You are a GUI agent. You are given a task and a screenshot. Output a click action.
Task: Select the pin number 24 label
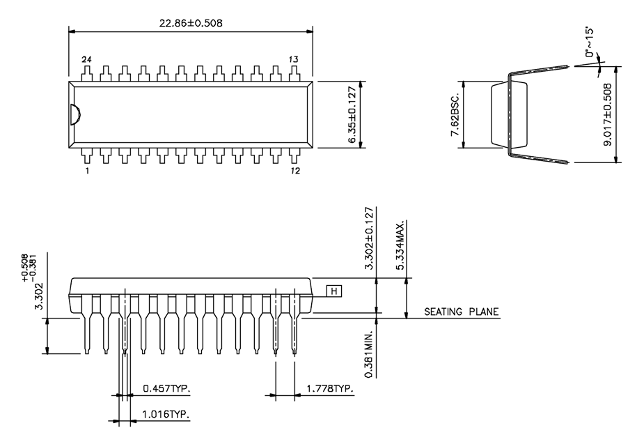coord(87,60)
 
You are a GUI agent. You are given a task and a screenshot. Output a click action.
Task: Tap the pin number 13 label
coord(293,60)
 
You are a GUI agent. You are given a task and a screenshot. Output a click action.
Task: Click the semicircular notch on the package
coord(74,114)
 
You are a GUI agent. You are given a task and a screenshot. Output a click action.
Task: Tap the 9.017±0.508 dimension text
coord(608,114)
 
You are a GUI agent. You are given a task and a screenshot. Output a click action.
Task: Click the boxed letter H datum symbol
coord(335,291)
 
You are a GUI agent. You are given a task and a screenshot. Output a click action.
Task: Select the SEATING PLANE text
coord(462,312)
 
